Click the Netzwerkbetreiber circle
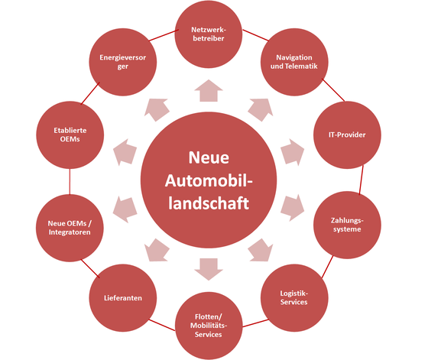(209, 34)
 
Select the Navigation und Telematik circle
(294, 62)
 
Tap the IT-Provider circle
(347, 135)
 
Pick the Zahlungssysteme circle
(347, 225)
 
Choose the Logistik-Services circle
(294, 298)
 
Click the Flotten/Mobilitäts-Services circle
(209, 326)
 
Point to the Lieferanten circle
(123, 298)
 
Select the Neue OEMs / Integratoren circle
(70, 228)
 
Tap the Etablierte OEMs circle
(70, 135)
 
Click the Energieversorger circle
(123, 62)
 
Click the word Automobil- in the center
(209, 180)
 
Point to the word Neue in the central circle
(209, 157)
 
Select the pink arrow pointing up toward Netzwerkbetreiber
(209, 91)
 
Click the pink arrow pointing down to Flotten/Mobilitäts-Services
(209, 269)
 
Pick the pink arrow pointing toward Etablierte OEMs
(125, 152)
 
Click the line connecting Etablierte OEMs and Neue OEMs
(70, 181)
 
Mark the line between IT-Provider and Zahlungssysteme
(361, 180)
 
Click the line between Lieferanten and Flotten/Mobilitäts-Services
(162, 325)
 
